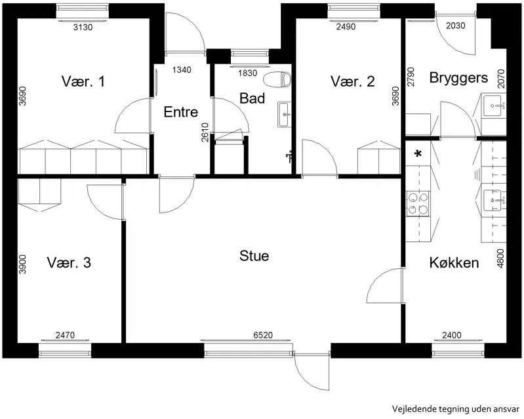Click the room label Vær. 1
point(83,81)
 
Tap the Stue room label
point(254,256)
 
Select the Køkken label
point(454,263)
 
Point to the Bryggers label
point(458,78)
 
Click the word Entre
point(181,112)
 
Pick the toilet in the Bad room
point(277,80)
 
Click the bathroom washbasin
point(285,115)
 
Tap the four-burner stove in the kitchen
point(418,204)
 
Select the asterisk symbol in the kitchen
point(418,154)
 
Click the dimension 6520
point(263,335)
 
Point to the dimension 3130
point(83,28)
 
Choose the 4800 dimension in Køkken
point(500,258)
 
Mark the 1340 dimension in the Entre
point(182,70)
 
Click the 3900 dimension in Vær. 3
point(22,264)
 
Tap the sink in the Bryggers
point(494,106)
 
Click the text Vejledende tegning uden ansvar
point(456,409)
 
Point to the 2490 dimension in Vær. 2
point(346,27)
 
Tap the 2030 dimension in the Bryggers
point(456,26)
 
